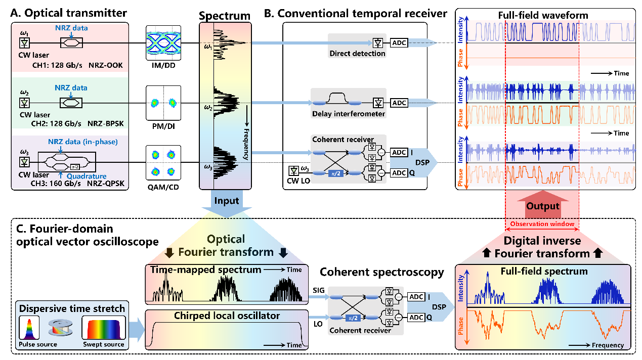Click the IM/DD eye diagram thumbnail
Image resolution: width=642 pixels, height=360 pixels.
click(x=163, y=42)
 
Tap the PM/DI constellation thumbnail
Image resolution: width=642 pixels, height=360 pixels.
click(x=163, y=103)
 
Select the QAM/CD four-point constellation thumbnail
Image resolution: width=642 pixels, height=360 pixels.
click(x=163, y=163)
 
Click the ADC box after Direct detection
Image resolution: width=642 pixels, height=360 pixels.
click(x=399, y=43)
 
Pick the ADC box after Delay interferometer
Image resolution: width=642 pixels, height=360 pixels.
click(x=399, y=103)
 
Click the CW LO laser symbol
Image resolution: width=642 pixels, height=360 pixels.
click(x=293, y=171)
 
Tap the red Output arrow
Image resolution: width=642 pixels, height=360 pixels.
click(x=542, y=204)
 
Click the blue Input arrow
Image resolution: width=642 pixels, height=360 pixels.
click(x=227, y=204)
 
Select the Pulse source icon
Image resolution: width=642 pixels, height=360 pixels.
click(x=29, y=328)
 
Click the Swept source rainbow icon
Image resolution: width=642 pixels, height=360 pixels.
click(x=104, y=328)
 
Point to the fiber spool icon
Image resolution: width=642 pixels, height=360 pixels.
click(x=60, y=328)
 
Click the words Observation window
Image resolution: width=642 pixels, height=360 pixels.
click(x=542, y=224)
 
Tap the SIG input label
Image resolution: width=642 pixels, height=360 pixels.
click(x=318, y=290)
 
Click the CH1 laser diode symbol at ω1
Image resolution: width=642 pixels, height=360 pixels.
click(x=24, y=43)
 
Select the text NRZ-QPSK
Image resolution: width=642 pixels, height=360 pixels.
click(x=105, y=184)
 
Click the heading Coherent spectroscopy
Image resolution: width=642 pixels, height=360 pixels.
click(x=381, y=272)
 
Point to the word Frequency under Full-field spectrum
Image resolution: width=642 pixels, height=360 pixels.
click(x=608, y=345)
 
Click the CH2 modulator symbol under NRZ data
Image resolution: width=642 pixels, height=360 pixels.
click(x=71, y=103)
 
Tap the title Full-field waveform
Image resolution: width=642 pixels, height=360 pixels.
click(x=543, y=15)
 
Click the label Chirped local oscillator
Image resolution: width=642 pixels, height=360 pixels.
click(x=227, y=316)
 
